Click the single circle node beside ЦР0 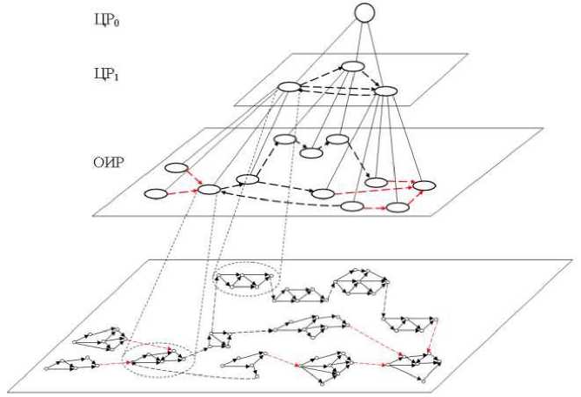point(364,12)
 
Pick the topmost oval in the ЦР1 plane point(352,66)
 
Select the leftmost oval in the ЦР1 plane point(289,86)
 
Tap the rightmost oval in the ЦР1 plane point(384,91)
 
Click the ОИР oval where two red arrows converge point(209,189)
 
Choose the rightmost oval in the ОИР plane point(424,185)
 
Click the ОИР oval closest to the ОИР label point(177,168)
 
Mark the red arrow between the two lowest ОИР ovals point(375,208)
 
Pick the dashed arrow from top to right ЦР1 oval point(370,78)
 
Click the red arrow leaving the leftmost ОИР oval point(181,192)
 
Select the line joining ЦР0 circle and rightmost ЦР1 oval point(375,52)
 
